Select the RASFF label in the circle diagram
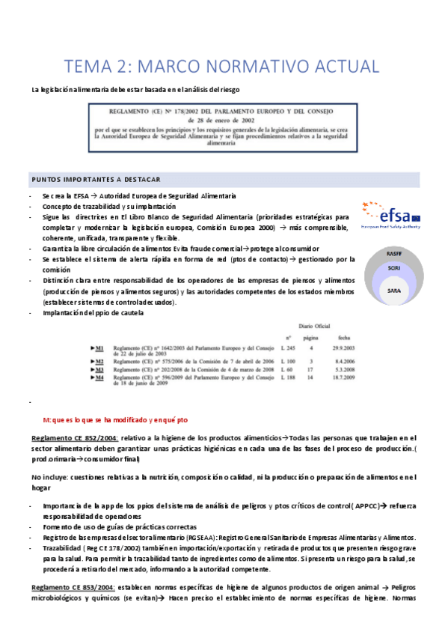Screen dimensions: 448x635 point(394,255)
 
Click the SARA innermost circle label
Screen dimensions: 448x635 point(394,290)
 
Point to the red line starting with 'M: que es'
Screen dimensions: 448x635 point(115,420)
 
